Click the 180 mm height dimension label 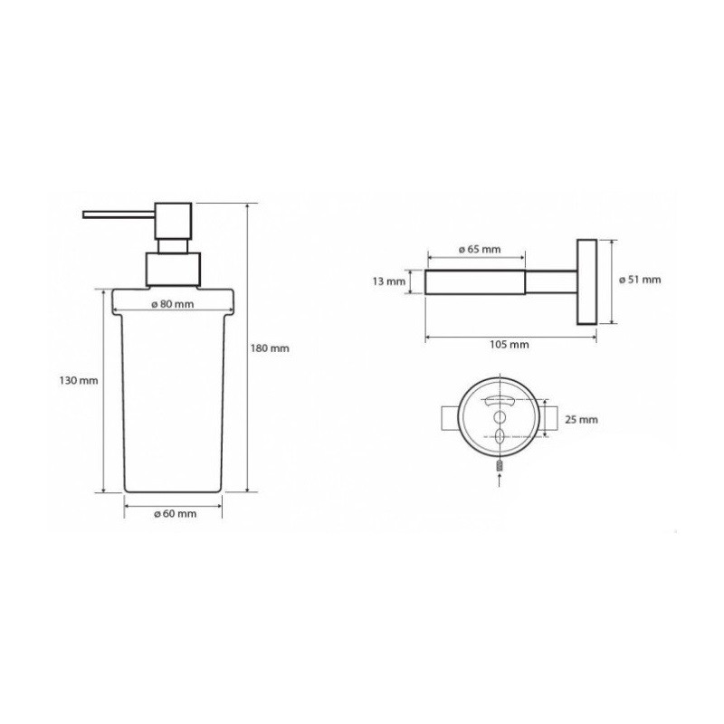click(x=270, y=348)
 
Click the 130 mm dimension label click(x=79, y=380)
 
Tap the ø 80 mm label click(x=173, y=304)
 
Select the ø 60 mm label click(x=175, y=513)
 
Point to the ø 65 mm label click(x=480, y=250)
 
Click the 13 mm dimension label click(x=389, y=281)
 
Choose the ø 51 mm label click(x=640, y=280)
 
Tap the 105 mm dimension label click(x=510, y=345)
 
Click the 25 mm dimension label click(x=581, y=420)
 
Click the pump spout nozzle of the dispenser click(x=119, y=214)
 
